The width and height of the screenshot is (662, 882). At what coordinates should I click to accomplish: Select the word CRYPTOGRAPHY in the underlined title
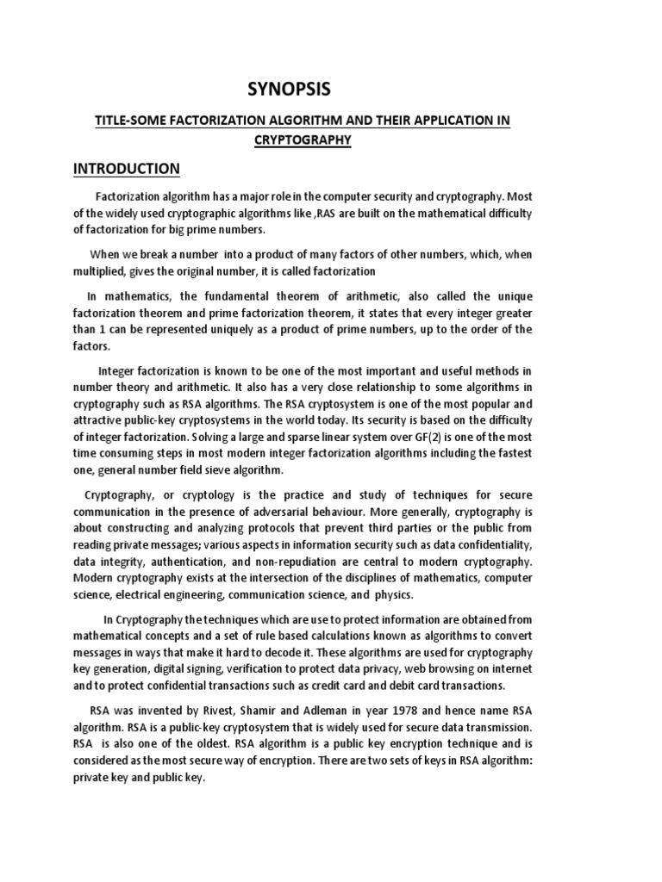(303, 140)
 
